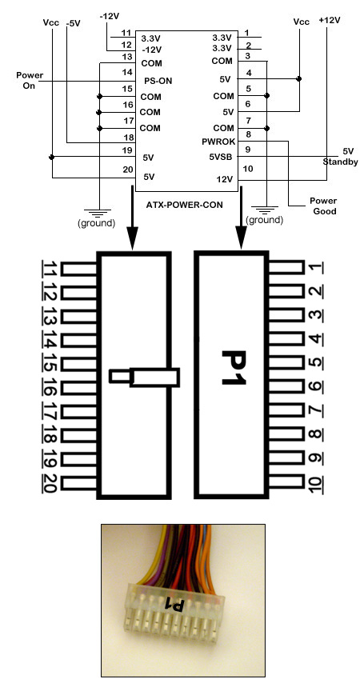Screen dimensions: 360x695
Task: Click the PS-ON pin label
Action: click(x=158, y=81)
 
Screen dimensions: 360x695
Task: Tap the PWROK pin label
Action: click(x=218, y=142)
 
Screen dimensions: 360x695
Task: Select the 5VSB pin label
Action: click(x=222, y=157)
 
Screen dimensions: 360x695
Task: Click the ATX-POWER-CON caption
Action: click(x=185, y=206)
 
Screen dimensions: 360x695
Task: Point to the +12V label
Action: click(x=328, y=20)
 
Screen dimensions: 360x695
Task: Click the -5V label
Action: click(x=73, y=24)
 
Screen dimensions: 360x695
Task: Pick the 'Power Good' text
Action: click(x=325, y=206)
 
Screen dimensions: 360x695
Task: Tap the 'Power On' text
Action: click(x=30, y=80)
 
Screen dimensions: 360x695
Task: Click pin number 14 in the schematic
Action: click(x=126, y=72)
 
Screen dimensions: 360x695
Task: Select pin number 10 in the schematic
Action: click(x=248, y=169)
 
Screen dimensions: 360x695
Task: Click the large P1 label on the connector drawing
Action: click(x=233, y=369)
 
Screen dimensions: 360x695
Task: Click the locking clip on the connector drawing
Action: click(x=145, y=377)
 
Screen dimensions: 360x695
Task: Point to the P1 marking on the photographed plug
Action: click(x=174, y=603)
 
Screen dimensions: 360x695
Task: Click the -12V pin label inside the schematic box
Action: click(x=151, y=50)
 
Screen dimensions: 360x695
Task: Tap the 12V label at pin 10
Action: click(x=226, y=179)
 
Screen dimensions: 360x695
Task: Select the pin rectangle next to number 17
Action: click(x=79, y=412)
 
